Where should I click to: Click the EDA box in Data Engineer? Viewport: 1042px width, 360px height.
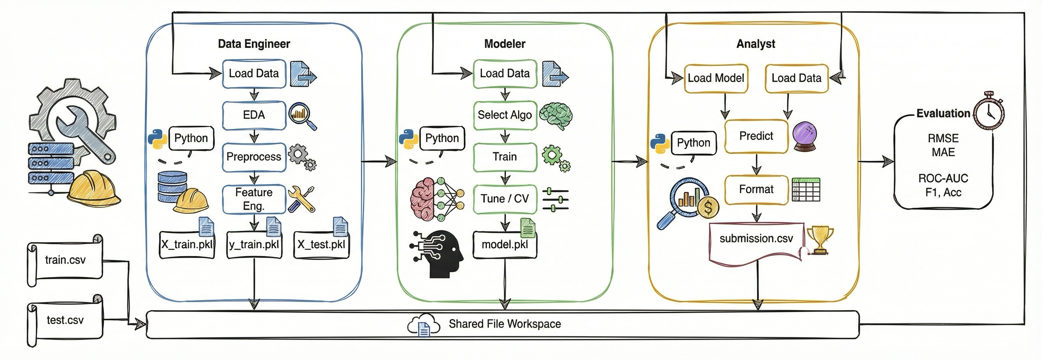[254, 115]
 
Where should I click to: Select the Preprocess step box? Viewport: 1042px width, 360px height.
[254, 157]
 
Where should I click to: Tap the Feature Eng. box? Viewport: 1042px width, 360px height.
[254, 199]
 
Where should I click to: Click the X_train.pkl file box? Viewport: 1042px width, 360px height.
[186, 244]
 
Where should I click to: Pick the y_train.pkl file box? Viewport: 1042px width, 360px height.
[254, 244]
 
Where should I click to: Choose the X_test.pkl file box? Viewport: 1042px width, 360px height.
[321, 244]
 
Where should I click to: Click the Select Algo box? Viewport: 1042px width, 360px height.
[504, 115]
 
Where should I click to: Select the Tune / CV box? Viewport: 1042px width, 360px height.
[504, 199]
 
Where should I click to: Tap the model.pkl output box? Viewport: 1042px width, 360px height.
[504, 244]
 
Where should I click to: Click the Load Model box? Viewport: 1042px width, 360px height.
[715, 78]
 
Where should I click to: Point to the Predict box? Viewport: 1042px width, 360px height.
[756, 136]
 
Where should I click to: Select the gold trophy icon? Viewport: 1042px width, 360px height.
[820, 240]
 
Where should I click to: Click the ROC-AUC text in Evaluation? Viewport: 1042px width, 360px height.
[943, 179]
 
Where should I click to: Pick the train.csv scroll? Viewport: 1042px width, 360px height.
[65, 260]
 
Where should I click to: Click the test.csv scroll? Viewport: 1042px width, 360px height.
[65, 320]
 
